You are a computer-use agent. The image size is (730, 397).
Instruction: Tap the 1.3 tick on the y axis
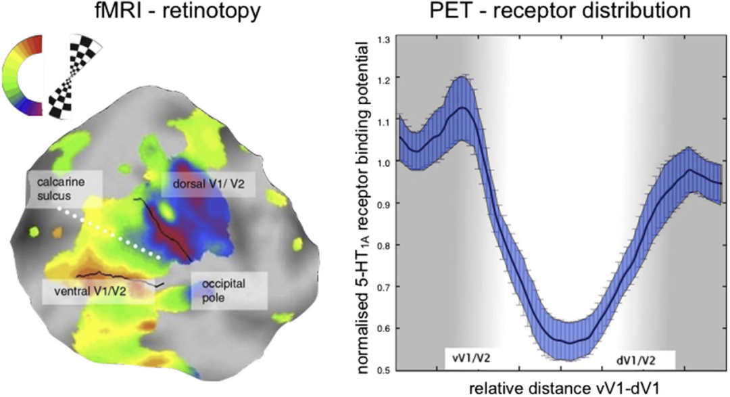[x=385, y=40]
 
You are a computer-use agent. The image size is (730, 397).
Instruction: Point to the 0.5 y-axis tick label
[x=385, y=369]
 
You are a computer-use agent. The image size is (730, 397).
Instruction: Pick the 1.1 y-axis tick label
[x=385, y=122]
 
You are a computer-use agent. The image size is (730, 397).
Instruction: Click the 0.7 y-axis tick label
[x=385, y=287]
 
